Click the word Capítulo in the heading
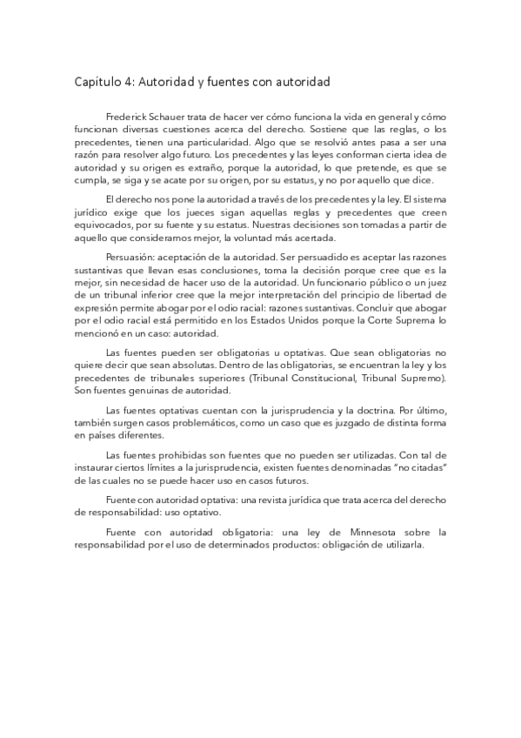click(x=97, y=84)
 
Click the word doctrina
click(x=342, y=408)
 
